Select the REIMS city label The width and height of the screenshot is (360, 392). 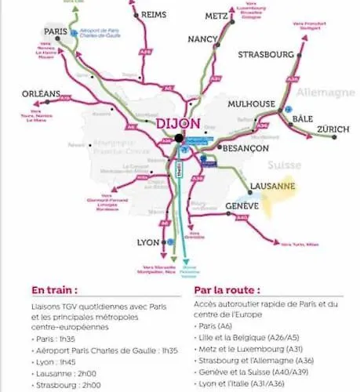153,14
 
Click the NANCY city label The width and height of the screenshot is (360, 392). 202,38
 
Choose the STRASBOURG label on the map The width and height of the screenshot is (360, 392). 267,55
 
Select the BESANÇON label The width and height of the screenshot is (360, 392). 246,147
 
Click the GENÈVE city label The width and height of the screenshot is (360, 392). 242,205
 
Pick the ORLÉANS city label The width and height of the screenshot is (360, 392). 41,94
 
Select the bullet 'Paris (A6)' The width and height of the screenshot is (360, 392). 220,326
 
